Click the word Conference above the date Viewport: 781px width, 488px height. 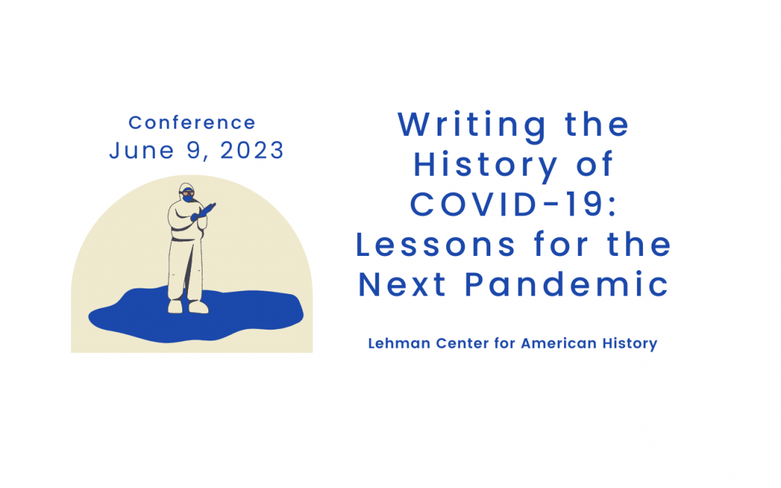[x=192, y=122]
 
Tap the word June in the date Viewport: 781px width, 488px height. [x=142, y=150]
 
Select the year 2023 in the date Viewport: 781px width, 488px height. [x=252, y=150]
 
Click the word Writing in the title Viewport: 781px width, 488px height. [x=472, y=126]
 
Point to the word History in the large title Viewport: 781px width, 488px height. [x=486, y=166]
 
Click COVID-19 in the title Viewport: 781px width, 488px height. [x=513, y=205]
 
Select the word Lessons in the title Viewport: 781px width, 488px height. [x=436, y=245]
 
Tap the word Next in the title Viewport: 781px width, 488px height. [x=403, y=285]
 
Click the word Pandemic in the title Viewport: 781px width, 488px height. [x=567, y=285]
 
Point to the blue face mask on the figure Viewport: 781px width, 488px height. [x=187, y=198]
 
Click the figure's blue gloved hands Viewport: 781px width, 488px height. [x=202, y=212]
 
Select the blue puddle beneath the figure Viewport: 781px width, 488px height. [x=196, y=314]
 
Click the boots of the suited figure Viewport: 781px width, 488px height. [x=187, y=307]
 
